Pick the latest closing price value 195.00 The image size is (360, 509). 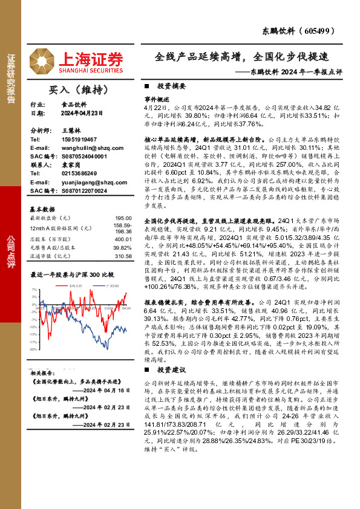point(123,218)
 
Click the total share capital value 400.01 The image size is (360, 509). point(123,239)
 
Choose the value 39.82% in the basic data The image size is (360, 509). point(122,248)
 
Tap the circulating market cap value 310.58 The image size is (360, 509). point(123,256)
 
